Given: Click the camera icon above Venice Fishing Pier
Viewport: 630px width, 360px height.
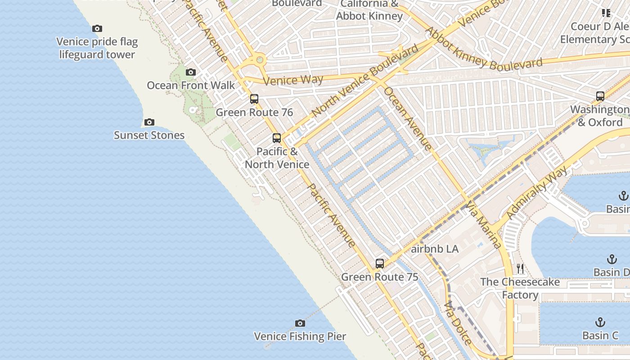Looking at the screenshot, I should tap(300, 323).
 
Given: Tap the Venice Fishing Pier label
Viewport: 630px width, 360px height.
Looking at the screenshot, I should tap(300, 336).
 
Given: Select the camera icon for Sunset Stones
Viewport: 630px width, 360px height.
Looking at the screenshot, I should tap(149, 122).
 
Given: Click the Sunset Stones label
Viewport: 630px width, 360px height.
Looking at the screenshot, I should tap(149, 135).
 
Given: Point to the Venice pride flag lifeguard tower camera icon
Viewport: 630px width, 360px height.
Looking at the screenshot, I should tap(97, 29).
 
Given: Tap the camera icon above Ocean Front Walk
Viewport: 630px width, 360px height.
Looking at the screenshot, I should tap(191, 72).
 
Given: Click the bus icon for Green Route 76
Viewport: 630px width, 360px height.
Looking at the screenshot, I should tap(254, 99).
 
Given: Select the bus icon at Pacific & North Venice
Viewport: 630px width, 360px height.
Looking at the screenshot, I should tap(277, 138).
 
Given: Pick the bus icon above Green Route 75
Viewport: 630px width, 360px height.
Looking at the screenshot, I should tap(380, 264).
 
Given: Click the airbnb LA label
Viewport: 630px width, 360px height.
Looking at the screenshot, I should tap(435, 249).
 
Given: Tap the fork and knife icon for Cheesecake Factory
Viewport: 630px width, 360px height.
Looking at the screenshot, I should tap(520, 269).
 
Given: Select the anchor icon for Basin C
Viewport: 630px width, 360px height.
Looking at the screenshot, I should tap(600, 322).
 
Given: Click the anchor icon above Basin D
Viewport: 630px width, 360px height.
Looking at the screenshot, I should tap(612, 259).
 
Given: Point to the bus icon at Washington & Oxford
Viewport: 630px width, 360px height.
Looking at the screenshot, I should tap(600, 96).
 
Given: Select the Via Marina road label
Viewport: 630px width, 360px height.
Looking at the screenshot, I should tap(484, 225).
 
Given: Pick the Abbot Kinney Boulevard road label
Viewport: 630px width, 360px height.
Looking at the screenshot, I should tap(484, 49).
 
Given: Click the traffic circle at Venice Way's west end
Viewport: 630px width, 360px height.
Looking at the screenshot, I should tap(259, 59).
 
